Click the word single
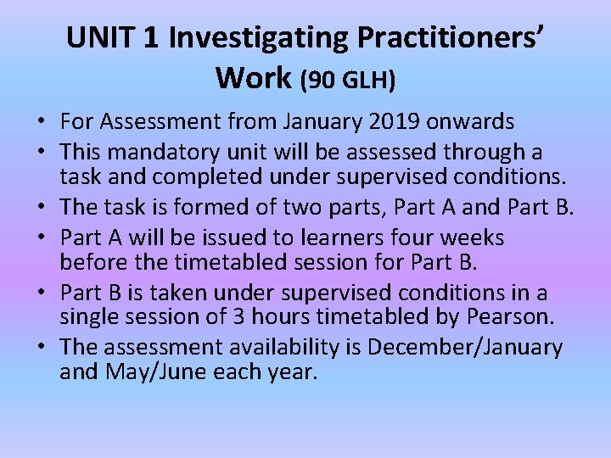pos(87,316)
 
